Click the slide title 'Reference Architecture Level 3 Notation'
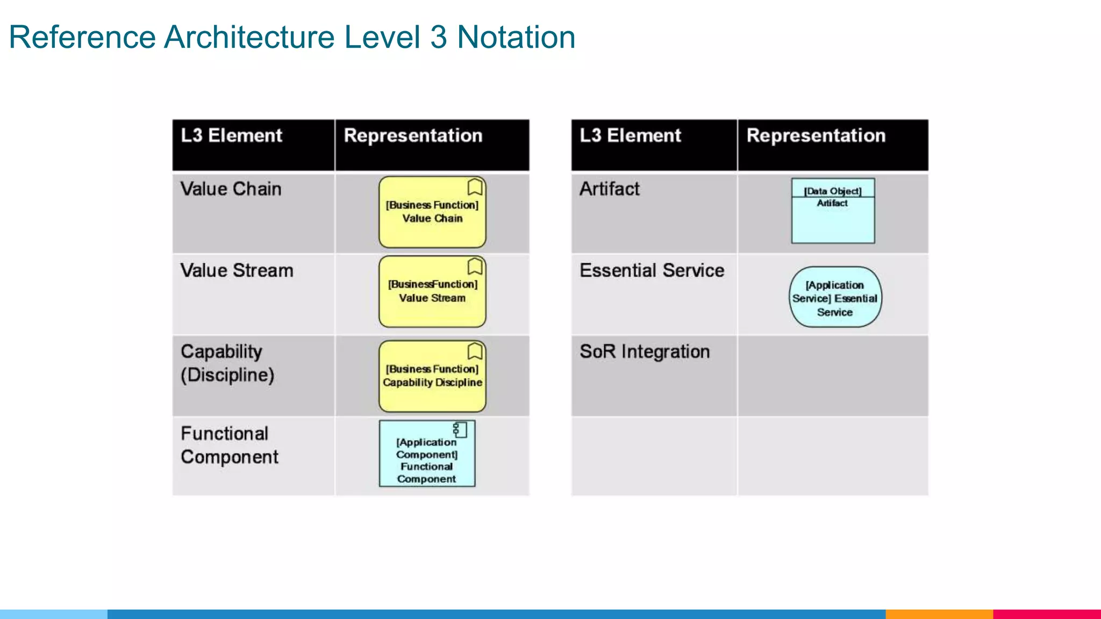click(292, 38)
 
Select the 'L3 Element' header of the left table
click(231, 135)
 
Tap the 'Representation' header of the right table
click(816, 135)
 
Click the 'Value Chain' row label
click(231, 189)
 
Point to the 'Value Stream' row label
click(237, 270)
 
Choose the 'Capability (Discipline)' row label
click(227, 363)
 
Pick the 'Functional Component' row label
click(229, 445)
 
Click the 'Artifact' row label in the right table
click(610, 189)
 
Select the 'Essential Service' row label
click(652, 270)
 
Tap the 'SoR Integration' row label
click(645, 351)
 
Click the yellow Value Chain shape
click(432, 212)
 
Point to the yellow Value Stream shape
click(432, 291)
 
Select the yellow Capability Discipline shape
click(432, 376)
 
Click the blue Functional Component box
click(427, 454)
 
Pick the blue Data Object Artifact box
click(833, 211)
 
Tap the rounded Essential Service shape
click(835, 297)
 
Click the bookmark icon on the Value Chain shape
click(475, 187)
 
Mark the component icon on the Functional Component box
click(460, 429)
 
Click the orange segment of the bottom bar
click(939, 614)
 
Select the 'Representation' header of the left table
click(413, 135)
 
